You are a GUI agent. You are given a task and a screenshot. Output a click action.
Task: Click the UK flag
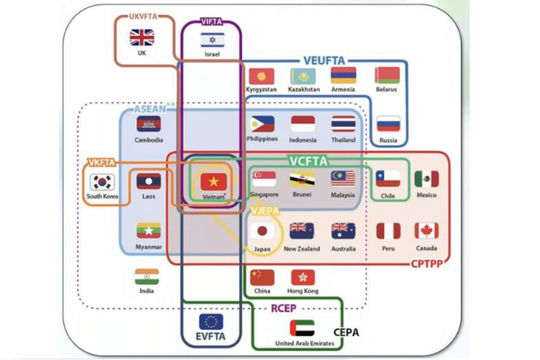pyautogui.click(x=142, y=38)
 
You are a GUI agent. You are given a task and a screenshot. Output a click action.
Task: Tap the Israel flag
pyautogui.click(x=212, y=39)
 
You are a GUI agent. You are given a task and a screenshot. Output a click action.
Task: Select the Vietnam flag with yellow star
pyautogui.click(x=212, y=181)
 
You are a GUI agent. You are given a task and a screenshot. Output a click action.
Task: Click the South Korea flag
pyautogui.click(x=101, y=181)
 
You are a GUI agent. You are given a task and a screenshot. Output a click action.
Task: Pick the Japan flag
pyautogui.click(x=262, y=230)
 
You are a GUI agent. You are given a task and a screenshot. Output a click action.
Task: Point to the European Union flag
pyautogui.click(x=212, y=322)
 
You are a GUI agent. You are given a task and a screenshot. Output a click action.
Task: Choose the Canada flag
pyautogui.click(x=427, y=230)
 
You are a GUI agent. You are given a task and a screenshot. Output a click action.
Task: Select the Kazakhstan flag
pyautogui.click(x=302, y=76)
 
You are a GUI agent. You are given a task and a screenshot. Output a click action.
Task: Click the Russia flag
pyautogui.click(x=388, y=124)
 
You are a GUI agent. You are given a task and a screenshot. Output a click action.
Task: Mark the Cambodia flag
pyautogui.click(x=148, y=124)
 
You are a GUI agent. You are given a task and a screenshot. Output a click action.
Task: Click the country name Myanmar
pyautogui.click(x=148, y=246)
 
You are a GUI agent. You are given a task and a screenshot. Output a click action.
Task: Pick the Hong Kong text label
pyautogui.click(x=302, y=291)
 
